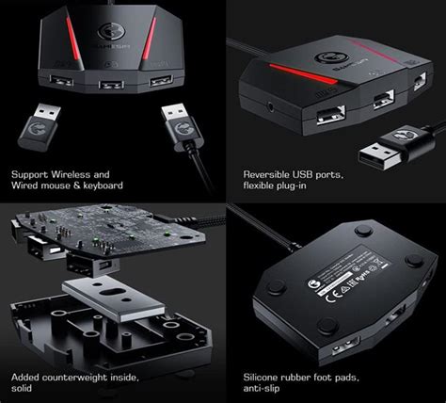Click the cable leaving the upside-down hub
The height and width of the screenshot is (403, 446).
(254, 235)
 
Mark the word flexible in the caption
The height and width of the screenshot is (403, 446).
(262, 186)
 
